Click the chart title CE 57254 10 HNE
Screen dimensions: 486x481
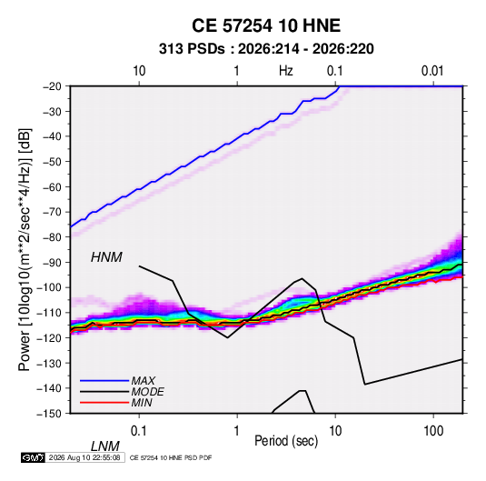coord(266,25)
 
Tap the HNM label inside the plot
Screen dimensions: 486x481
coord(106,257)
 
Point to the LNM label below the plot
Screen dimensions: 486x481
coord(104,446)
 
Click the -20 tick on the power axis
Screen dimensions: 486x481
coord(52,86)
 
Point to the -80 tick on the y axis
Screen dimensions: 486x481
coord(52,237)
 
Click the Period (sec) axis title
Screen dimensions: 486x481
coord(286,441)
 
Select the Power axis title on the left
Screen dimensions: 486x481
coord(25,249)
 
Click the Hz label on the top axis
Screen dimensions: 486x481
coord(286,71)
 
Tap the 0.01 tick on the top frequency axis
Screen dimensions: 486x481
coord(432,71)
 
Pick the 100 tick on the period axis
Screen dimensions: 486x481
coord(433,431)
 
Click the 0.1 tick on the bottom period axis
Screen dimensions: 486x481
coord(139,431)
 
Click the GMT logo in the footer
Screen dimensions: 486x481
coord(34,457)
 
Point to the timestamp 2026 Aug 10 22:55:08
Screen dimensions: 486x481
coord(84,457)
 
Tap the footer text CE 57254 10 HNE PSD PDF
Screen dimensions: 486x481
coord(171,457)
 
